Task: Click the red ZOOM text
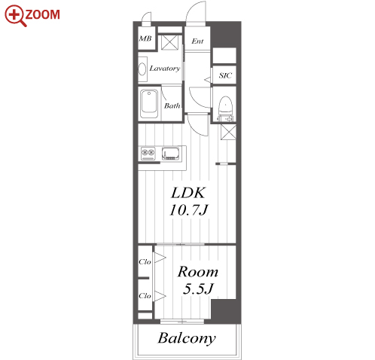43,14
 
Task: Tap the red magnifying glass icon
15,16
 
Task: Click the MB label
145,38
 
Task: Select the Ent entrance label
197,41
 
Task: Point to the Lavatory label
165,69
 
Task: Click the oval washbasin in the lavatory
142,69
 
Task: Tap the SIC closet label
225,75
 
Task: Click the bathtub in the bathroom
149,104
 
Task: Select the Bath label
172,105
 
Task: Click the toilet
226,108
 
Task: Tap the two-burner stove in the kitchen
148,153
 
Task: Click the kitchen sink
171,153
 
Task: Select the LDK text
188,193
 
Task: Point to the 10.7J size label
189,210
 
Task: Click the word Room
198,272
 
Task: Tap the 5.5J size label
198,288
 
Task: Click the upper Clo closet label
145,262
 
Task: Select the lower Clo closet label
145,296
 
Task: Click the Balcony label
187,338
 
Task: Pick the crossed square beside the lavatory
169,42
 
